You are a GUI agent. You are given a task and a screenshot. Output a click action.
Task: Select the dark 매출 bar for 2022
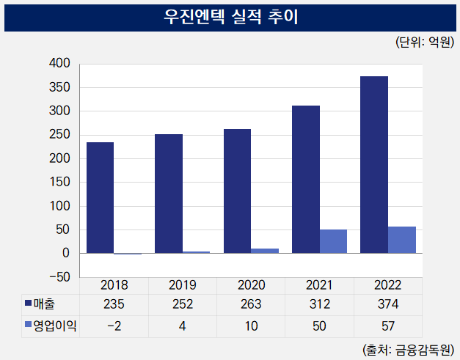[374, 165]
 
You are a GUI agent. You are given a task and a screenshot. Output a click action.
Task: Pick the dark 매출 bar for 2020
[237, 191]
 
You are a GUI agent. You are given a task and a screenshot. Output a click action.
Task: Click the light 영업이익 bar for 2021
[333, 241]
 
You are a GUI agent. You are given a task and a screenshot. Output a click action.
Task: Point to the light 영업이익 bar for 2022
[402, 240]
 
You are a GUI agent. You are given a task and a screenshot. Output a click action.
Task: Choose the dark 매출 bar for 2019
[169, 194]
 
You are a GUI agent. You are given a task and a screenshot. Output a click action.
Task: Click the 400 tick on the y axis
[59, 64]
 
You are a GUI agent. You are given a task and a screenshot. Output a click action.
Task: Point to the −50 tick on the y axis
[56, 277]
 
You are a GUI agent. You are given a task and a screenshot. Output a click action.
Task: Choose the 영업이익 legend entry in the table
[51, 325]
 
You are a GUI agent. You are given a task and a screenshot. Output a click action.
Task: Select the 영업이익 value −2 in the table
[114, 325]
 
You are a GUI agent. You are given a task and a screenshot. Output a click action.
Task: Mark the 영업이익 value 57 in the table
[388, 325]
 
